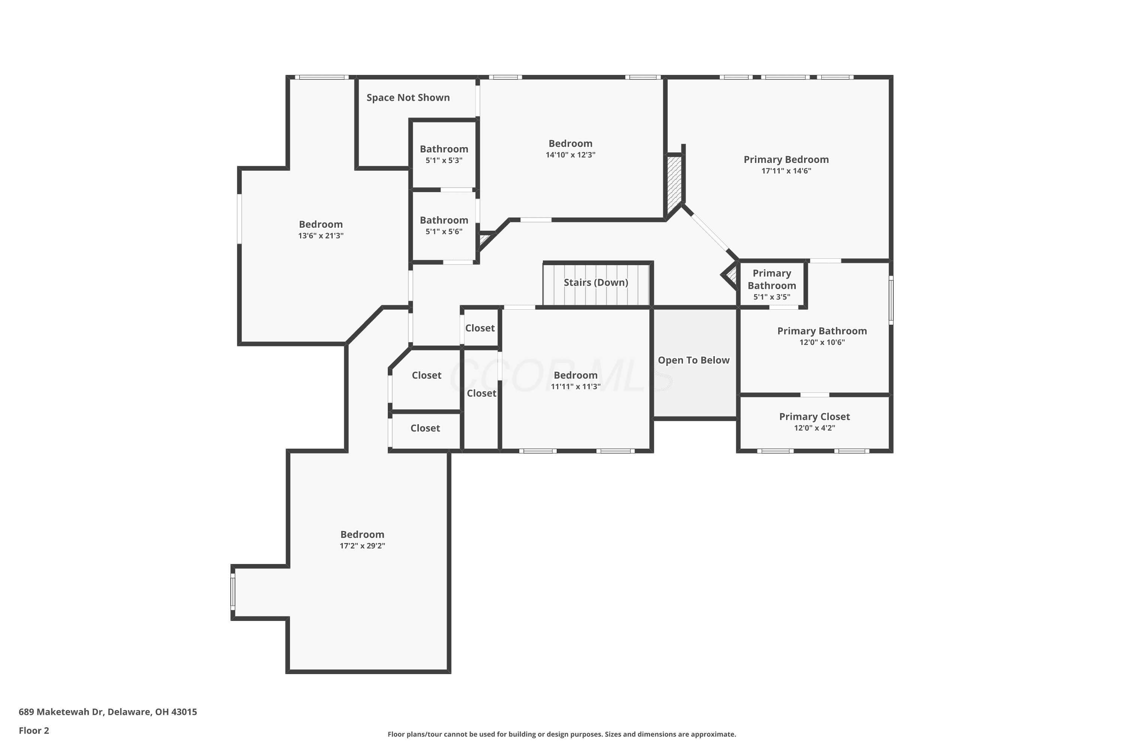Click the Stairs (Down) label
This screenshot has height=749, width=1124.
click(596, 282)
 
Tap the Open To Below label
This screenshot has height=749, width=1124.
click(694, 360)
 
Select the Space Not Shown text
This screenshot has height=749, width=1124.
click(408, 97)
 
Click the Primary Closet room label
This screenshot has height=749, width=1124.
click(814, 416)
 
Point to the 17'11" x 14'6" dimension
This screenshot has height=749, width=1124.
click(786, 170)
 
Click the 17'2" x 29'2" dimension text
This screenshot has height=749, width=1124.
click(362, 546)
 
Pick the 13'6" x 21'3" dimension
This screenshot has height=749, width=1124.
click(321, 236)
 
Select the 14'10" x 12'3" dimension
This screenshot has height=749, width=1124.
click(571, 155)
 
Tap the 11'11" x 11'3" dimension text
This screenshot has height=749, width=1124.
click(575, 386)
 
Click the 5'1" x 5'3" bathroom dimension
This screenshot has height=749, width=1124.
click(444, 161)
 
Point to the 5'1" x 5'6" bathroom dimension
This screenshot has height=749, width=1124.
click(444, 232)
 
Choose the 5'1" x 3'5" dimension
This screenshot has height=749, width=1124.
click(772, 297)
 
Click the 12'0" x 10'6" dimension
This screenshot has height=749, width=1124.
click(822, 342)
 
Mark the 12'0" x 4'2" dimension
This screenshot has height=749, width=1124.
click(814, 428)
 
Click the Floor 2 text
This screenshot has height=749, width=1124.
click(34, 730)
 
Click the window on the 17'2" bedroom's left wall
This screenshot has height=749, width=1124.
click(233, 591)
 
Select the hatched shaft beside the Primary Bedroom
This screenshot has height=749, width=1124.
click(673, 184)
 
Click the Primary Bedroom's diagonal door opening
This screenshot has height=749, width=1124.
click(709, 232)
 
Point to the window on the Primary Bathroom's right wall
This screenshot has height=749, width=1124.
click(891, 300)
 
